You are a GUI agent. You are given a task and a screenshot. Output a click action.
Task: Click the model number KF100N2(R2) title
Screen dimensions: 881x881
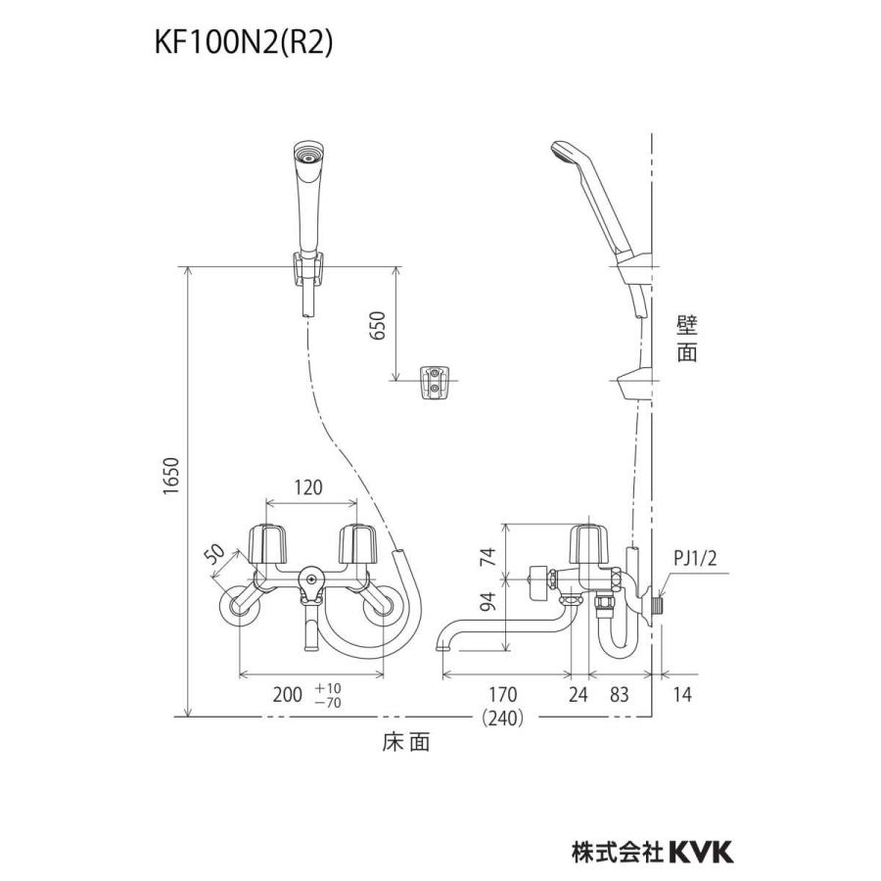(246, 43)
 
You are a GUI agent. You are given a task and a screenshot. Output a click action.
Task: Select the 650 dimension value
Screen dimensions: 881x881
(380, 324)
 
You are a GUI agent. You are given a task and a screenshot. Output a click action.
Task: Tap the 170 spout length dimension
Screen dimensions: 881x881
(502, 696)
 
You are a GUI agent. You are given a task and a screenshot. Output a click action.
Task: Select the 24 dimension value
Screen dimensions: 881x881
(579, 696)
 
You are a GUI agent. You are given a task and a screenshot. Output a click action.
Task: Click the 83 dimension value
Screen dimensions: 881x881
(621, 696)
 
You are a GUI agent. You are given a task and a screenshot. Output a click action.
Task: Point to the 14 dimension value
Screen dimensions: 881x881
(682, 696)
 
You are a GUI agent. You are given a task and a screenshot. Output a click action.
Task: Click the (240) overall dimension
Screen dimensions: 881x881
(503, 718)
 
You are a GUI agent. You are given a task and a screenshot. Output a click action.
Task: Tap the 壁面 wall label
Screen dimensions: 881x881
(687, 339)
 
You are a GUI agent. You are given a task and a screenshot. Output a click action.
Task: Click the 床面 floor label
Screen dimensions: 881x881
(405, 743)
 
